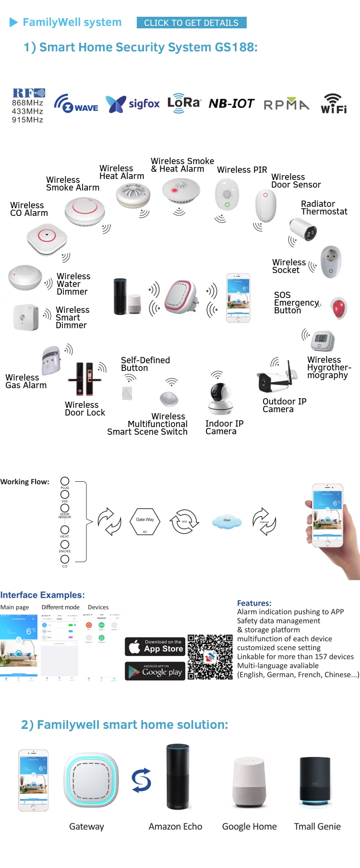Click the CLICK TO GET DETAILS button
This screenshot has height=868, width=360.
pyautogui.click(x=191, y=23)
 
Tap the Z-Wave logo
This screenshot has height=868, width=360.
pyautogui.click(x=76, y=104)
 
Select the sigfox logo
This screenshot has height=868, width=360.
pyautogui.click(x=132, y=103)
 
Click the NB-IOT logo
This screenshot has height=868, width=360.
pyautogui.click(x=231, y=103)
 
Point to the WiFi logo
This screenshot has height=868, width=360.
pyautogui.click(x=334, y=104)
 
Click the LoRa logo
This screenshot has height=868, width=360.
pyautogui.click(x=184, y=103)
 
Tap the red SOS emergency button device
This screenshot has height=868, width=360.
pyautogui.click(x=339, y=308)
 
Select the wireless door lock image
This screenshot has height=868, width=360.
pyautogui.click(x=84, y=379)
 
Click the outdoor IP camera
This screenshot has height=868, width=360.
pyautogui.click(x=275, y=380)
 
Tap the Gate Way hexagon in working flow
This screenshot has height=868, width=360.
pyautogui.click(x=145, y=521)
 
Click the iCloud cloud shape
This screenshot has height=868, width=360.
pyautogui.click(x=227, y=521)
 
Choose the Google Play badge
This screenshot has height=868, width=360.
pyautogui.click(x=155, y=671)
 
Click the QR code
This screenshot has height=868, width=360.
pyautogui.click(x=210, y=657)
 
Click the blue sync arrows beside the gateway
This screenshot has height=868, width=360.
pyautogui.click(x=142, y=780)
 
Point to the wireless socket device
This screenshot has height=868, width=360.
pyautogui.click(x=331, y=262)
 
